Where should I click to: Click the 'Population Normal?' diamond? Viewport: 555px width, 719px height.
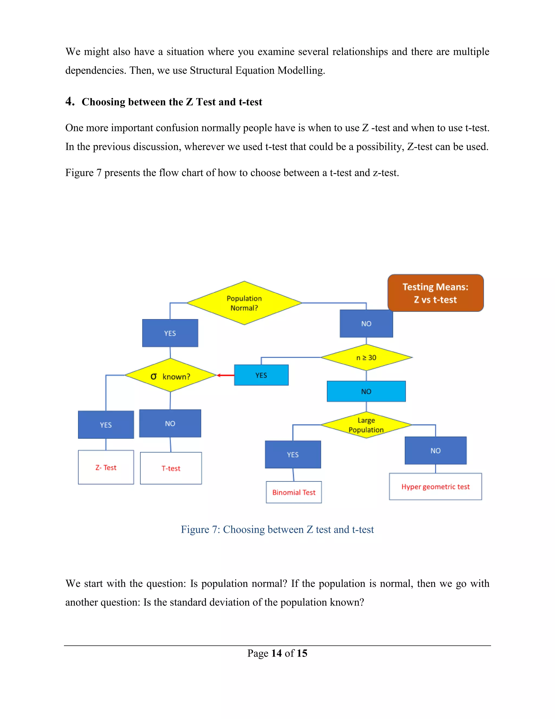(x=244, y=303)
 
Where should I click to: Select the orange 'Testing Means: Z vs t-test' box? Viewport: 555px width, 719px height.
(x=435, y=293)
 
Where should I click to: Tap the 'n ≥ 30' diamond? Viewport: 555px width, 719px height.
(x=366, y=358)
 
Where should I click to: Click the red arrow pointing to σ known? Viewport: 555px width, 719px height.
(x=225, y=375)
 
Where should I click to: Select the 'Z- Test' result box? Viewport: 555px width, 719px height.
(x=106, y=467)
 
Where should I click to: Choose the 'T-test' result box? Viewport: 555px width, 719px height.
(x=171, y=468)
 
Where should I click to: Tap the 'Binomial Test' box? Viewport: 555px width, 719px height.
(x=293, y=492)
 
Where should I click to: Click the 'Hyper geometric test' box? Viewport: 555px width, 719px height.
(x=435, y=486)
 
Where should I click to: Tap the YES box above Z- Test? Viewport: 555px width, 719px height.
(x=106, y=425)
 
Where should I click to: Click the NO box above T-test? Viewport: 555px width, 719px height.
(x=170, y=423)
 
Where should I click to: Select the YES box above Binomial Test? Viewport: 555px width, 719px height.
(x=293, y=455)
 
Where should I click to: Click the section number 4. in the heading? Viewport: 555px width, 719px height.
(x=70, y=101)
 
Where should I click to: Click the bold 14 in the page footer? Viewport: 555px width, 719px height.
(x=276, y=653)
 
